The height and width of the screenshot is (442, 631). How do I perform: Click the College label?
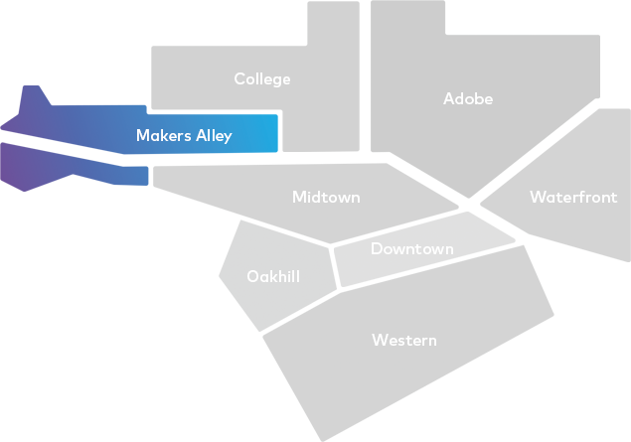(262, 78)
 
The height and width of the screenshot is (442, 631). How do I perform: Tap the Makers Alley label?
(184, 135)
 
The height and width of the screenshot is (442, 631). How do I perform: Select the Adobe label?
(467, 98)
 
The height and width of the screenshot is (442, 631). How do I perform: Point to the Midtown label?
(326, 198)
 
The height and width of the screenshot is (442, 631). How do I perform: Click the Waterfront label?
(573, 197)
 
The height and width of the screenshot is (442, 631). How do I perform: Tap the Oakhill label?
(273, 276)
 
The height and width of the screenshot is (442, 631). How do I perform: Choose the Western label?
(403, 340)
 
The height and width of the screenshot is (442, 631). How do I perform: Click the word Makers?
(162, 135)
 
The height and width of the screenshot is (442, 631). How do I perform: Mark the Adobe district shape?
(477, 50)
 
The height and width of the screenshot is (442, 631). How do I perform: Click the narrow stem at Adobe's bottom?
(464, 188)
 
